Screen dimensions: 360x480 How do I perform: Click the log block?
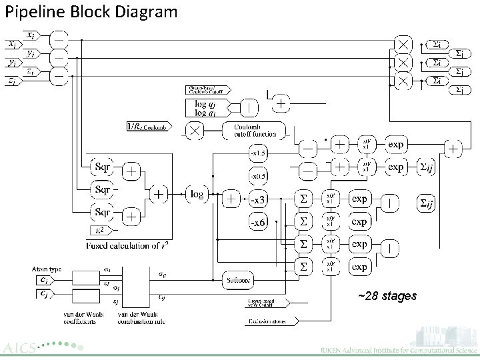coord(198,194)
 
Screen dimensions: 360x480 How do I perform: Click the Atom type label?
coord(47,269)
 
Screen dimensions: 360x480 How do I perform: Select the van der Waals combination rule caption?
coord(142,317)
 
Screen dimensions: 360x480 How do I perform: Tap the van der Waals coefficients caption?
coord(80,317)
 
